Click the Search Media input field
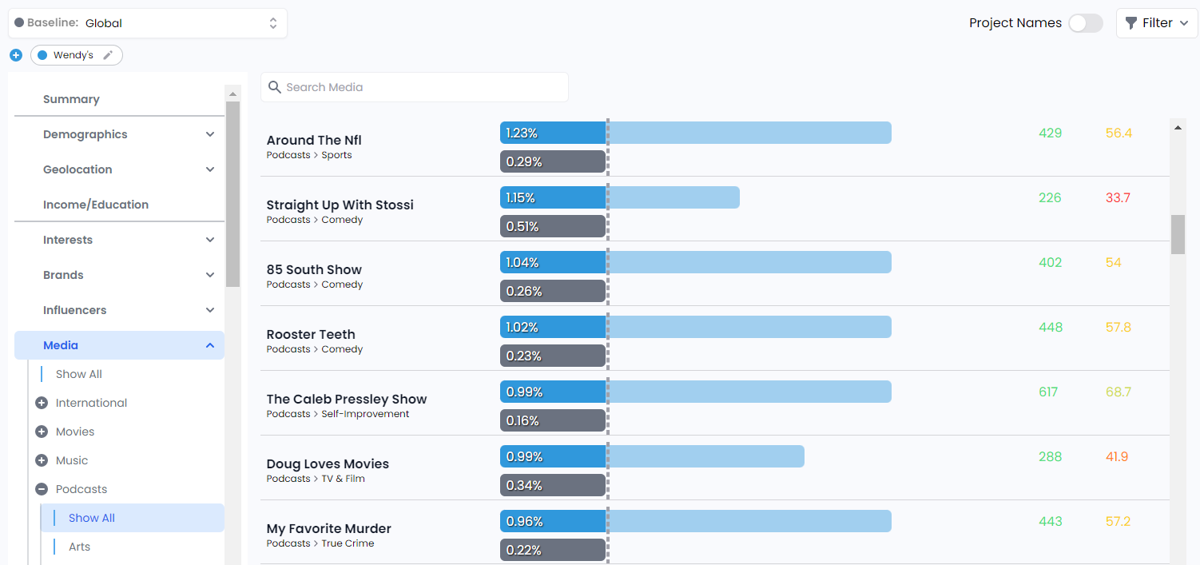pyautogui.click(x=423, y=87)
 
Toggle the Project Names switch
pyautogui.click(x=1086, y=23)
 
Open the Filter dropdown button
pyautogui.click(x=1157, y=23)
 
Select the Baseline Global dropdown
pyautogui.click(x=148, y=23)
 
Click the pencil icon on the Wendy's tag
pyautogui.click(x=108, y=55)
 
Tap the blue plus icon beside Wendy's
pyautogui.click(x=16, y=55)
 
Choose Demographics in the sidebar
pyautogui.click(x=85, y=134)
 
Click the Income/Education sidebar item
pyautogui.click(x=96, y=205)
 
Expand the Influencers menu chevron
pyautogui.click(x=210, y=310)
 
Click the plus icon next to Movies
pyautogui.click(x=42, y=432)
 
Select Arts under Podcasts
pyautogui.click(x=80, y=547)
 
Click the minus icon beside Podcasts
pyautogui.click(x=42, y=489)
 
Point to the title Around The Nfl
pyautogui.click(x=314, y=140)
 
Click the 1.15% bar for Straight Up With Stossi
pyautogui.click(x=552, y=197)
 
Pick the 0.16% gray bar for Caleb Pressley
pyautogui.click(x=552, y=420)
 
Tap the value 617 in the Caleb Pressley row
pyautogui.click(x=1048, y=392)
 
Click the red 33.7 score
pyautogui.click(x=1118, y=197)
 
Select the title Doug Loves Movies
pyautogui.click(x=328, y=464)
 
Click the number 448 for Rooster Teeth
pyautogui.click(x=1051, y=327)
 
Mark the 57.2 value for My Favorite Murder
pyautogui.click(x=1118, y=521)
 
